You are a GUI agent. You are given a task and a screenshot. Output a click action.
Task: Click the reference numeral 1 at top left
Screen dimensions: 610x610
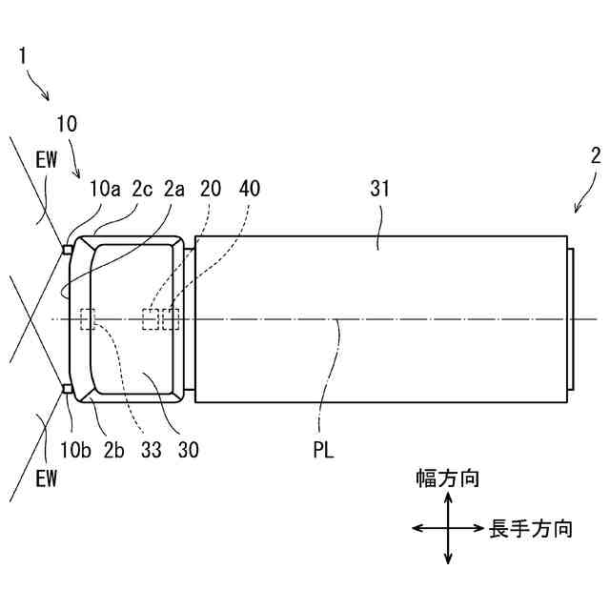tap(24, 54)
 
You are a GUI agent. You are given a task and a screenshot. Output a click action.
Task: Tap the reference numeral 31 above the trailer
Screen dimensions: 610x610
tap(379, 189)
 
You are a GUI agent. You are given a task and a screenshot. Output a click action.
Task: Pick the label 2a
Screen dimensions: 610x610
tap(173, 189)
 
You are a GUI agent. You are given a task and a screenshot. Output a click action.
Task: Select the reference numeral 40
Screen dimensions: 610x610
tap(249, 189)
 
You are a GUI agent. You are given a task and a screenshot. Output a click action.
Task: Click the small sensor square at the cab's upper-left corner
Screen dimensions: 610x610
tap(67, 250)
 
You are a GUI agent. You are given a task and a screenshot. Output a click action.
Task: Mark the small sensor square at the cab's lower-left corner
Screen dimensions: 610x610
tap(67, 389)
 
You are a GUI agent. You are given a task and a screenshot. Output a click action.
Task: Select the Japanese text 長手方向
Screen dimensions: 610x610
tap(531, 528)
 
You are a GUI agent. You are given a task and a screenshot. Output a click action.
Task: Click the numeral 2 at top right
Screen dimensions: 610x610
tap(595, 156)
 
